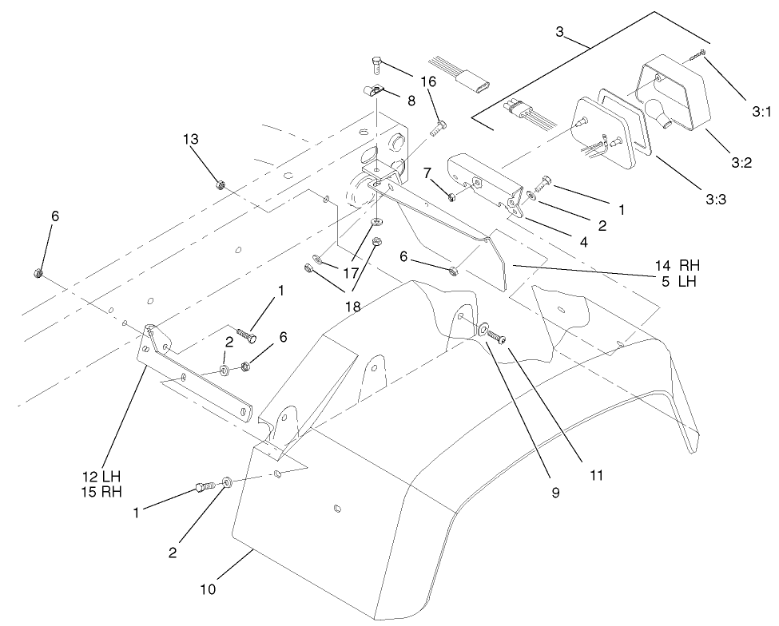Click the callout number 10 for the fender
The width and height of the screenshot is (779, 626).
point(208,590)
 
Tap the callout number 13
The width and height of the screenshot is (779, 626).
point(190,139)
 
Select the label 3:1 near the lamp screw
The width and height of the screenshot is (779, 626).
point(761,113)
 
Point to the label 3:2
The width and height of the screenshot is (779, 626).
point(741,163)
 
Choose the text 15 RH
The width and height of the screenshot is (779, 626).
point(101,491)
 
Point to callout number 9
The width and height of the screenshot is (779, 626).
point(554,493)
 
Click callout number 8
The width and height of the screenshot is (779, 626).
point(411,101)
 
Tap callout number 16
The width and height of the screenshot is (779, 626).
point(427,82)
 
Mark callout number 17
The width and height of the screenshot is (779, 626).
point(351,273)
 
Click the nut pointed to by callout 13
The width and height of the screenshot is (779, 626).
point(221,185)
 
